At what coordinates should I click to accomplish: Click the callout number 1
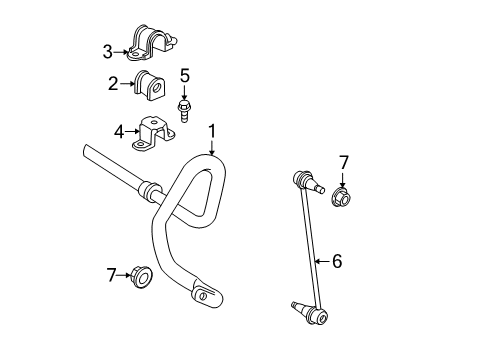coord(212,130)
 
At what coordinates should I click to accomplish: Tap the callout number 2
coord(113,84)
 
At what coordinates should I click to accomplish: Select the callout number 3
coord(107,51)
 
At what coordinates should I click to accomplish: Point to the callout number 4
coord(118,130)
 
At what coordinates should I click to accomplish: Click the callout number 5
coord(184,75)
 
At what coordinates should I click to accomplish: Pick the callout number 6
coord(337,261)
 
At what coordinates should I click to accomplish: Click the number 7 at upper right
coord(343,162)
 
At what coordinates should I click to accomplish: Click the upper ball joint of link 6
coord(306,183)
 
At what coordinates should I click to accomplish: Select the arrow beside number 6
coord(321,261)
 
